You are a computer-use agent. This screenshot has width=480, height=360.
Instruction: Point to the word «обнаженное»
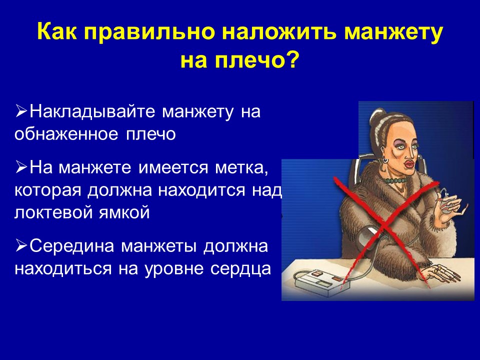(66, 134)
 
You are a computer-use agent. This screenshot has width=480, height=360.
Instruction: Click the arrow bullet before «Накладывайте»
(21, 111)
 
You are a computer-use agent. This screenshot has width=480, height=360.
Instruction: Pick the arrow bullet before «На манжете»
(21, 167)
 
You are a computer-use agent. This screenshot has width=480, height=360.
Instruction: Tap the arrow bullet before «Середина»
(21, 245)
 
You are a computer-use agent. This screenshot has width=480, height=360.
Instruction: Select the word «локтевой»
(53, 212)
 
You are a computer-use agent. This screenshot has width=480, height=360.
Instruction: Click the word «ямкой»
(124, 213)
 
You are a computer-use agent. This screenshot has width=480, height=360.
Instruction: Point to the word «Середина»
(72, 246)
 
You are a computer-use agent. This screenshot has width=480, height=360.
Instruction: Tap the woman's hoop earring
(384, 160)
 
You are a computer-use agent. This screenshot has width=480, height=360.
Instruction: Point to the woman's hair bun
(376, 115)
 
